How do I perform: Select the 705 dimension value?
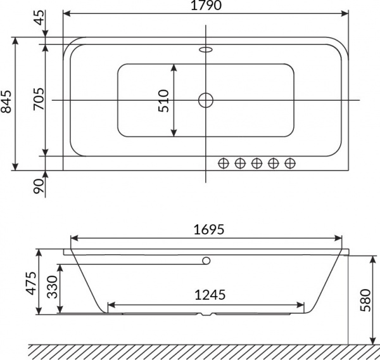pos(38,100)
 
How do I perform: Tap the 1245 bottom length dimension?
pos(206,294)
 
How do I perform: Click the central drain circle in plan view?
pos(206,100)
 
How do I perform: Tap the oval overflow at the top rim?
pos(206,49)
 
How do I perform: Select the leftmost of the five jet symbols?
pos(223,164)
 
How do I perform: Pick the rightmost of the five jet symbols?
pos(289,164)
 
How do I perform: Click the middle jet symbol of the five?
pos(256,164)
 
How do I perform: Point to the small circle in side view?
pos(206,260)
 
